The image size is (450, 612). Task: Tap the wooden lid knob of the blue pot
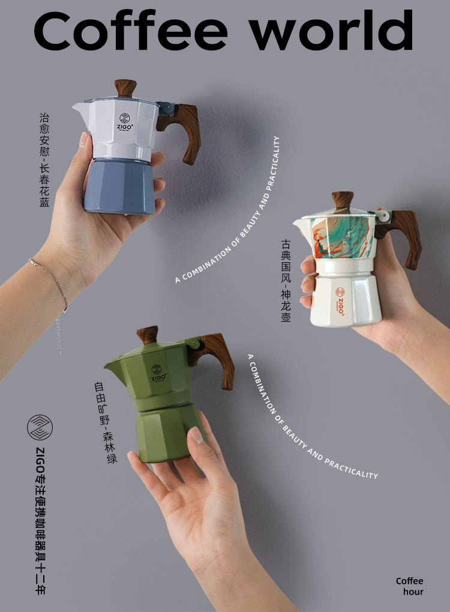coord(125,88)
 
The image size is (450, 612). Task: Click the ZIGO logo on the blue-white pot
coord(125,122)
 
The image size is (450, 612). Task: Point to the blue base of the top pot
coord(119,186)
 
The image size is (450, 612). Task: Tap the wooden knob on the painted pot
coord(343,200)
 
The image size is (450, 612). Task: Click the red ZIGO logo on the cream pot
coord(340,300)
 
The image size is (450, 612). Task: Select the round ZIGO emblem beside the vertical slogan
coord(40,427)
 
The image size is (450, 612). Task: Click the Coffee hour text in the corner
coord(409,586)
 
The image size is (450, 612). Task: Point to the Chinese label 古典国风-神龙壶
coord(286,280)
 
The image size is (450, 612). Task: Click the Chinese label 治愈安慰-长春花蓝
coord(44,160)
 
